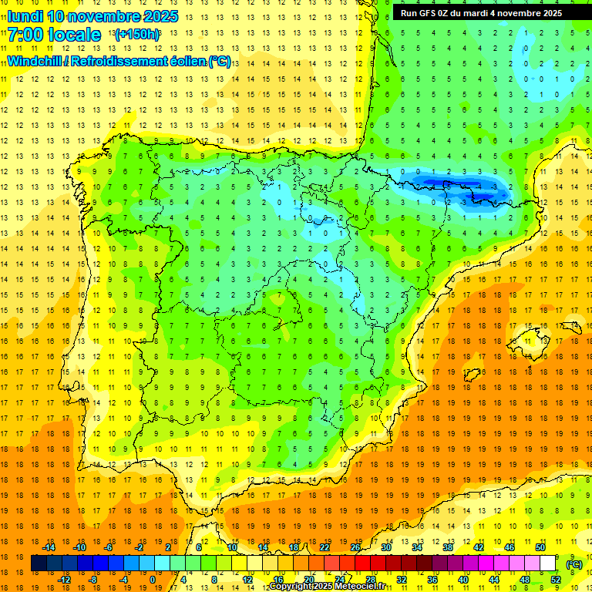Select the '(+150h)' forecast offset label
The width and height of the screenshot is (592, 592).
tap(137, 35)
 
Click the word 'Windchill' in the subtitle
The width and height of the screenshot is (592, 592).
tap(34, 61)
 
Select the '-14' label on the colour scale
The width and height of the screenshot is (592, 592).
tap(49, 547)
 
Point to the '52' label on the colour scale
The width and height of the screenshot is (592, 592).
tap(555, 580)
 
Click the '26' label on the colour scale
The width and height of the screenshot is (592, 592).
tap(355, 547)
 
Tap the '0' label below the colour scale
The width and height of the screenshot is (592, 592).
tap(153, 580)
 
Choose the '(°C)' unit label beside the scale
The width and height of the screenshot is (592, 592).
tap(573, 564)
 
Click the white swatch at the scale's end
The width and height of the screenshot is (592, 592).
tap(547, 563)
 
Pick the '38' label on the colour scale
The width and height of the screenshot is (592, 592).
tap(447, 547)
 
